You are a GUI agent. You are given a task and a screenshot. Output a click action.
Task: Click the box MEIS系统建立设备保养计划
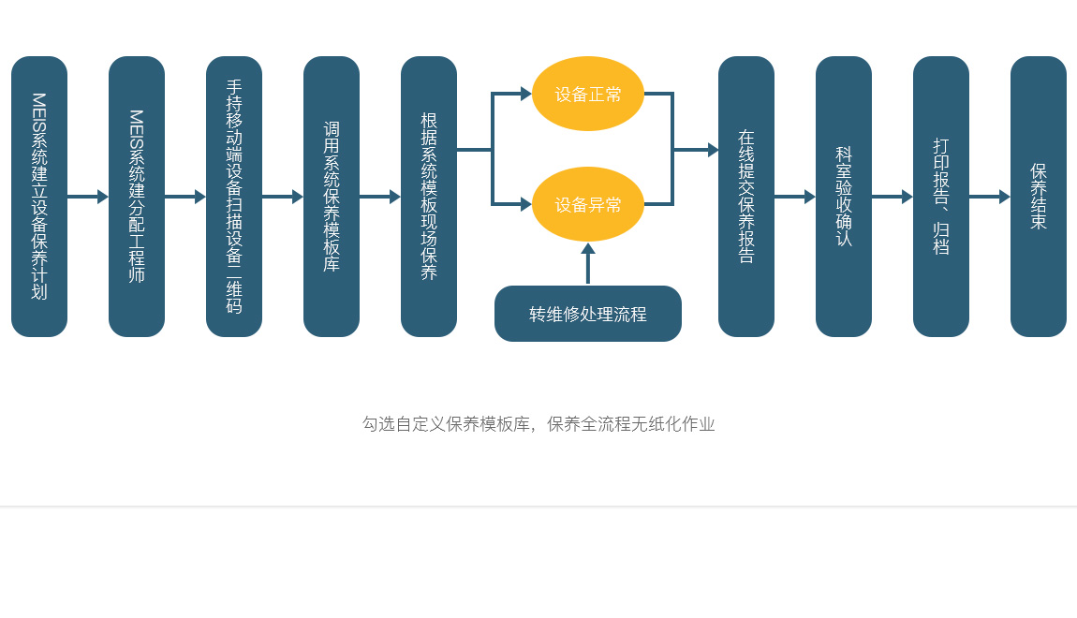(39, 197)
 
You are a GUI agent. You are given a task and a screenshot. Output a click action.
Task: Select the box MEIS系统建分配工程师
(137, 197)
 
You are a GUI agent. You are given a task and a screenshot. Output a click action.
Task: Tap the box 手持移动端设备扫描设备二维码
(234, 197)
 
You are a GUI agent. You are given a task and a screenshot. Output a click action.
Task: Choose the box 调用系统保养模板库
(332, 197)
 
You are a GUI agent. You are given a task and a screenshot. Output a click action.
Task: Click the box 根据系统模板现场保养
(429, 197)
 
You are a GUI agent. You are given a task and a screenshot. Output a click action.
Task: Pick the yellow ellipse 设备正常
(588, 94)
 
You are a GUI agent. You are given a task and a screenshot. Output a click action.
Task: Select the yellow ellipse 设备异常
(588, 204)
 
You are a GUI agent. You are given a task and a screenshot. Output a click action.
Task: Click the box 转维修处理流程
(588, 314)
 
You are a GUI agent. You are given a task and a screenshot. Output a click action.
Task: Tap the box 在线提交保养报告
(746, 197)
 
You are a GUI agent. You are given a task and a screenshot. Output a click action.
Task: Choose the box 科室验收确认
(844, 197)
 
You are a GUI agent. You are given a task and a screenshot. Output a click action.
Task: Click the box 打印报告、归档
(941, 197)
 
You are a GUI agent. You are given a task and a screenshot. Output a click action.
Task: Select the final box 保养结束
(1039, 197)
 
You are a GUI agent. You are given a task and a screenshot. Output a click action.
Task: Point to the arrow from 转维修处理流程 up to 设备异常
(588, 264)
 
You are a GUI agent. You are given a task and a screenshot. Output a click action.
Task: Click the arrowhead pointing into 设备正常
(525, 94)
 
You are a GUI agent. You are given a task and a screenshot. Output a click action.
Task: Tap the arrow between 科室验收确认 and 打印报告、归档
(892, 197)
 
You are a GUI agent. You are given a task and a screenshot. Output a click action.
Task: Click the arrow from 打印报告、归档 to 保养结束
(989, 197)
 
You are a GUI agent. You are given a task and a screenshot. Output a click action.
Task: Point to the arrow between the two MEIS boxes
(88, 197)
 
